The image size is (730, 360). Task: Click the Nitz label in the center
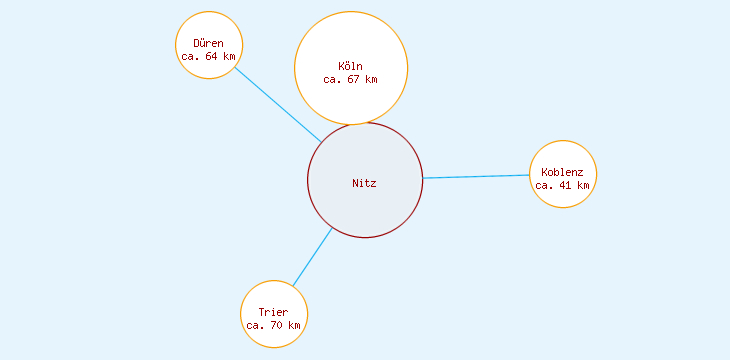click(x=364, y=183)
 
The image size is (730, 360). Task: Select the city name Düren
click(x=208, y=44)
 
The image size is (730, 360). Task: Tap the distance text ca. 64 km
click(x=208, y=57)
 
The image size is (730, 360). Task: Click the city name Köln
click(x=351, y=66)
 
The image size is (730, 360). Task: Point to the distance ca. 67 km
click(x=351, y=79)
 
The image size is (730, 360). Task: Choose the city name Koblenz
click(x=562, y=172)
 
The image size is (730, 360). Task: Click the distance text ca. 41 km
click(x=562, y=185)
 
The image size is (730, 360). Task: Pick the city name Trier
click(x=273, y=312)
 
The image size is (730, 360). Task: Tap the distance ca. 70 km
click(x=273, y=325)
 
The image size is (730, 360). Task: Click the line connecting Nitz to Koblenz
click(x=476, y=177)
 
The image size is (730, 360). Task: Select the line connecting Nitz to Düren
click(x=278, y=104)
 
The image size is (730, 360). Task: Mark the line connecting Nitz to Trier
click(x=312, y=257)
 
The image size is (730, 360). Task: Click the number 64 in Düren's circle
click(x=211, y=57)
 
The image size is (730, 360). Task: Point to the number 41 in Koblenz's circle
click(x=565, y=185)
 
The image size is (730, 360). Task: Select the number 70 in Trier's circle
click(x=276, y=325)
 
